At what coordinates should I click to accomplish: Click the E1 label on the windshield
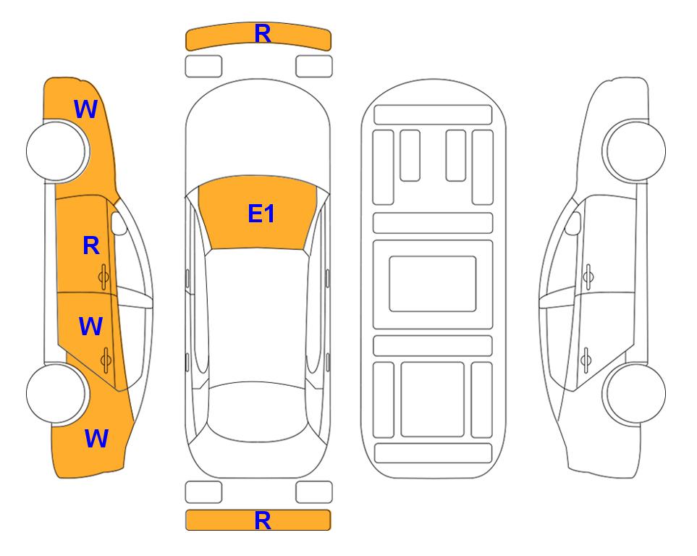click(x=261, y=214)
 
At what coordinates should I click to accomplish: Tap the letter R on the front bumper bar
click(x=263, y=33)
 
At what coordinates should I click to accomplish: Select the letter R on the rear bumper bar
click(x=263, y=521)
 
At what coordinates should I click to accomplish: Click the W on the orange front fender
click(x=85, y=109)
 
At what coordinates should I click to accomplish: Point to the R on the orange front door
click(x=91, y=245)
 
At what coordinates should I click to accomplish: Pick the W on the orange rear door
click(x=90, y=326)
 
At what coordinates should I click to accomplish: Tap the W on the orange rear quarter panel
click(x=96, y=438)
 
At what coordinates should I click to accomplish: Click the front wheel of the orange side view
click(x=56, y=151)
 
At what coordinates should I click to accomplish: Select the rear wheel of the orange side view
click(x=56, y=393)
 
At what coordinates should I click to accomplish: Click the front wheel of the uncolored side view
click(x=635, y=151)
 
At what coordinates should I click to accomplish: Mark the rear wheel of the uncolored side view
click(x=635, y=393)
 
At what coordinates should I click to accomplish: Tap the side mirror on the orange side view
click(x=119, y=223)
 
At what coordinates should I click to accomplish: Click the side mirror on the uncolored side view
click(x=573, y=223)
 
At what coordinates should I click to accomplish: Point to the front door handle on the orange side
click(x=104, y=277)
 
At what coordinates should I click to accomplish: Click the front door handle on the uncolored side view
click(x=588, y=277)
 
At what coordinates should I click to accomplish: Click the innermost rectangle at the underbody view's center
click(x=433, y=284)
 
